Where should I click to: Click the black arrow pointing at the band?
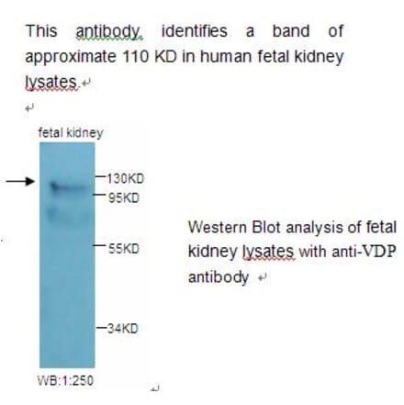coord(19,181)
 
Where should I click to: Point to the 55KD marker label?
coord(122,249)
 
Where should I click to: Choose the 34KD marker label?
coord(122,328)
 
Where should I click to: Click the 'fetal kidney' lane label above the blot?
coord(71,133)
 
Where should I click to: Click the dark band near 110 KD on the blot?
coord(67,186)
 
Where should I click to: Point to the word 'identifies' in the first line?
coord(196,32)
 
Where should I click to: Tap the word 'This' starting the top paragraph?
coord(41,32)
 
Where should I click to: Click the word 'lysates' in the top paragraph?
coord(49,81)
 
